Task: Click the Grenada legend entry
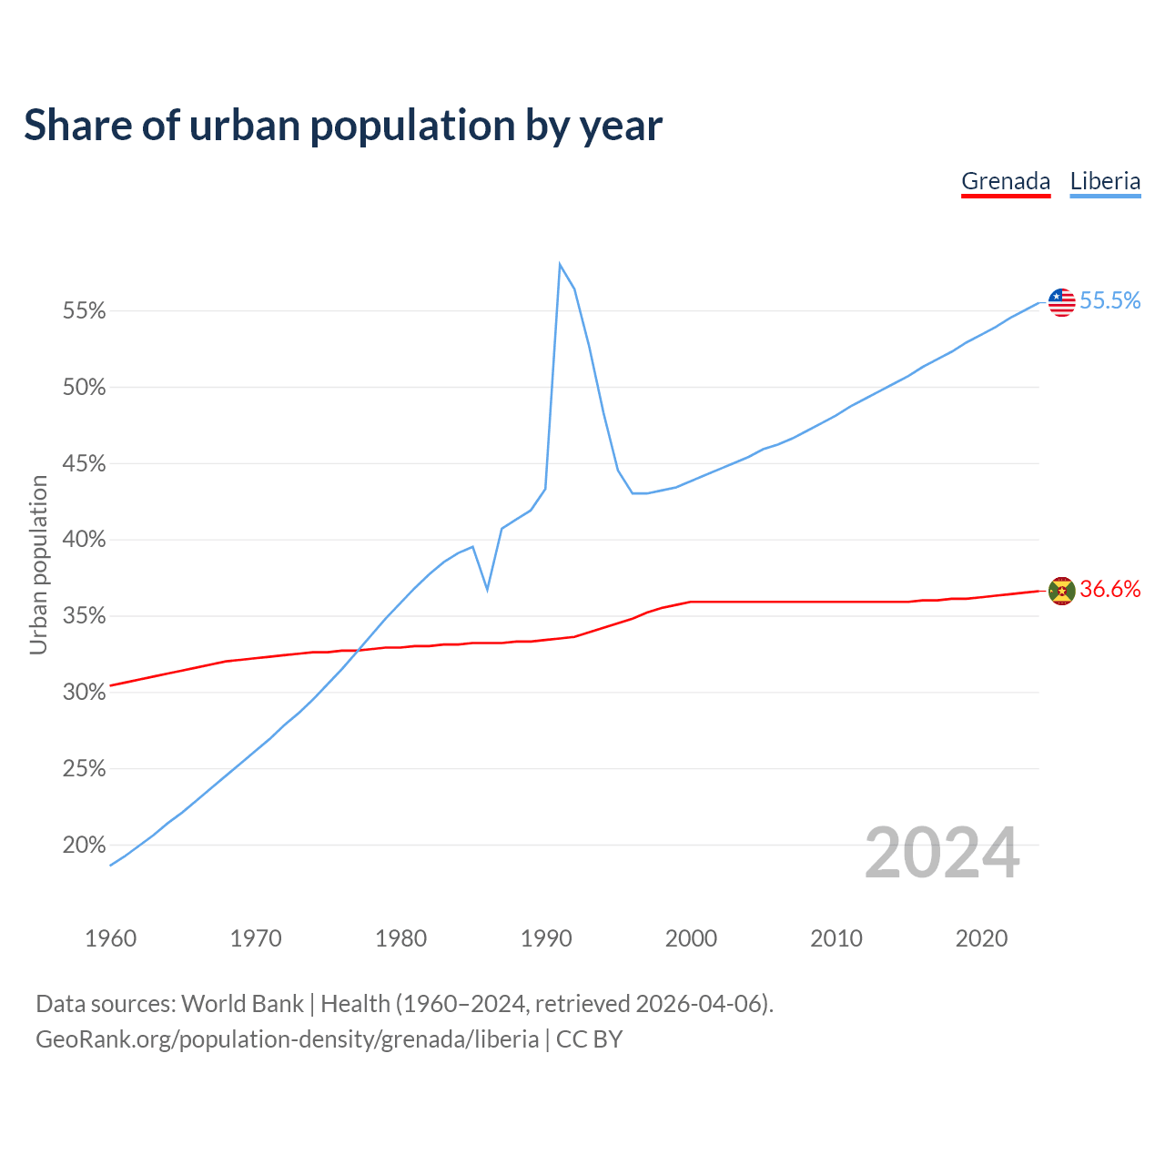[x=1006, y=181]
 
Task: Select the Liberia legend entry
[x=1105, y=181]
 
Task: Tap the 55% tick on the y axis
[x=85, y=311]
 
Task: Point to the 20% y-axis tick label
[x=85, y=846]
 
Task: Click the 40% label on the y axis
[x=85, y=540]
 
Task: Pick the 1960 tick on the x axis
[x=110, y=938]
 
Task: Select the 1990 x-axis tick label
[x=546, y=938]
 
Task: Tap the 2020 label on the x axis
[x=981, y=938]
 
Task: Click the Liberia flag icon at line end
[x=1062, y=301]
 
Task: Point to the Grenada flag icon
[x=1062, y=591]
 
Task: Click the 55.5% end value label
[x=1110, y=301]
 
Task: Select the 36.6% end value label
[x=1110, y=590]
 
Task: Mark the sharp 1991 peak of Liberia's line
[x=560, y=264]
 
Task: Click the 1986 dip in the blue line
[x=488, y=590]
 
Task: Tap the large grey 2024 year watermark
[x=942, y=853]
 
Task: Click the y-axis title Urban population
[x=38, y=564]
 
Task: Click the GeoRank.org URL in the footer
[x=287, y=1039]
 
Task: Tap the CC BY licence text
[x=589, y=1039]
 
